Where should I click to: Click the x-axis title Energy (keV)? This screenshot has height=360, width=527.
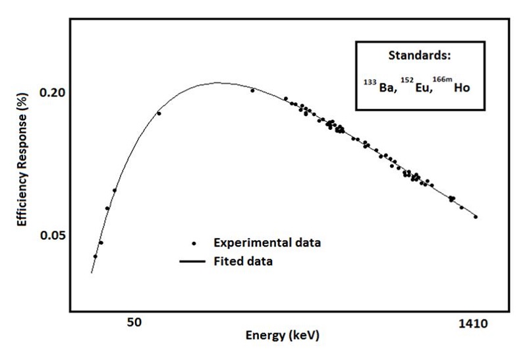coord(282,335)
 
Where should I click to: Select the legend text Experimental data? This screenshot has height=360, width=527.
coord(267,243)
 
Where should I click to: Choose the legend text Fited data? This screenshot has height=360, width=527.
coord(243,261)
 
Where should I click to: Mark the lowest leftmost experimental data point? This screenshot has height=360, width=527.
coord(95,256)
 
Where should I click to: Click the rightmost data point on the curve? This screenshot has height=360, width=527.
coord(476,216)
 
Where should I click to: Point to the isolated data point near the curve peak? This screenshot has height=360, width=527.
coord(252,90)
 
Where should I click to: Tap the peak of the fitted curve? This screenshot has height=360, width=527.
coord(217,83)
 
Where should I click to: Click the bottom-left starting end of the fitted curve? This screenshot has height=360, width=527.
coord(91,272)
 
